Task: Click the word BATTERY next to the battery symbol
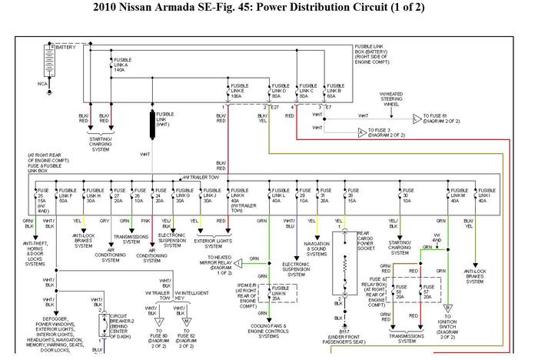pyautogui.click(x=67, y=48)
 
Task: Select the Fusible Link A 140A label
pyautogui.click(x=122, y=65)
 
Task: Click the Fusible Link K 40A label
pyautogui.click(x=241, y=198)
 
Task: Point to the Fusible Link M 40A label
pyautogui.click(x=460, y=193)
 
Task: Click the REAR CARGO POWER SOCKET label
pyautogui.click(x=367, y=243)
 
